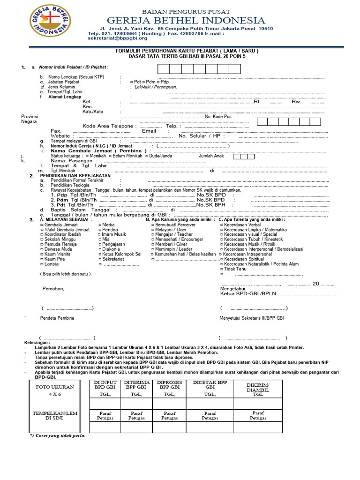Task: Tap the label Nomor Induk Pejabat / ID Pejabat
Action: pos(74,67)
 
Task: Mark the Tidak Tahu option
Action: pos(234,269)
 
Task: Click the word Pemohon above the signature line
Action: pos(53,289)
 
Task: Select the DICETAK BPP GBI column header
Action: pos(210,385)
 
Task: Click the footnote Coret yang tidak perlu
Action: pos(58,435)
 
